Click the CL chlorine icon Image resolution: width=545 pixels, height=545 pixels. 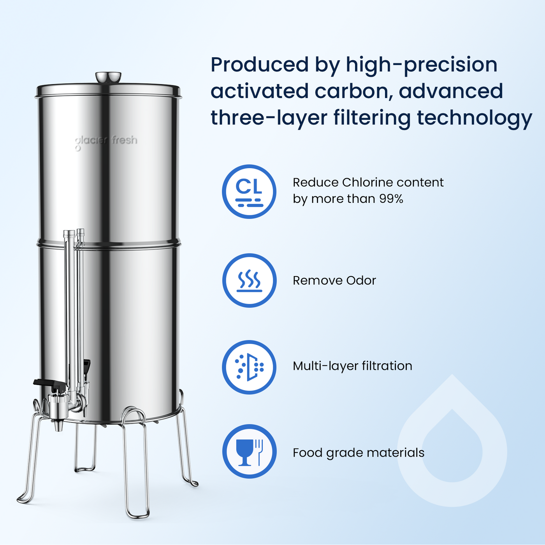pos(249,192)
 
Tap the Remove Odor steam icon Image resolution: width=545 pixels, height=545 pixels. pos(249,280)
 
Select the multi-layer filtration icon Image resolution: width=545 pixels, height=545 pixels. pos(249,367)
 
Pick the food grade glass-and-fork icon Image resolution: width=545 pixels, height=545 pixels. pos(249,452)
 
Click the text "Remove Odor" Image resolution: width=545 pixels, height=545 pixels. pos(334,280)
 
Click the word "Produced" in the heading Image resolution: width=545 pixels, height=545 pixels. pos(260,65)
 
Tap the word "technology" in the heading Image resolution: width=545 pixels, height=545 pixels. pos(474,118)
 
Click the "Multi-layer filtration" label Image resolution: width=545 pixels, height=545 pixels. pos(352,366)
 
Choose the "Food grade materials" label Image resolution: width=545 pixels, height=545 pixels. pos(358,453)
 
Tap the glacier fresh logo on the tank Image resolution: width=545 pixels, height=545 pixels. pos(106,141)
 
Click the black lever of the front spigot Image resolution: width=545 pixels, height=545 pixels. pos(49,383)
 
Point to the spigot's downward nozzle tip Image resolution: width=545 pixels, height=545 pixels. pos(58,427)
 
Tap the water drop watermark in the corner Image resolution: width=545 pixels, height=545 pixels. pos(452,444)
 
